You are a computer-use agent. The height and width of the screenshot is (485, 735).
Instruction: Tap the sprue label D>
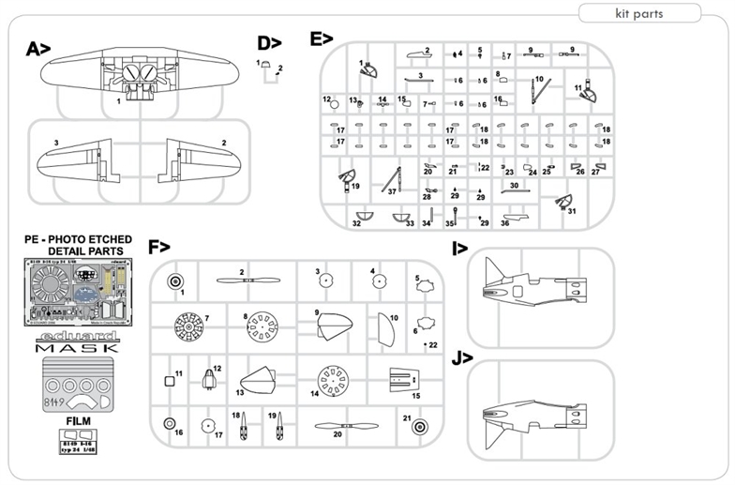(x=270, y=43)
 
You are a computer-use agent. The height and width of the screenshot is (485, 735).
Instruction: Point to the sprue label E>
(x=322, y=38)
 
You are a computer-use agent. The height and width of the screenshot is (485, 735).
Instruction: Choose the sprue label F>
(x=159, y=248)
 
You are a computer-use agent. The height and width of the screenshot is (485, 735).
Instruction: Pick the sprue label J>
(x=460, y=358)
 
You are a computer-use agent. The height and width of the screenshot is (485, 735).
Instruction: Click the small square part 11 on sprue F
(x=170, y=380)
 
